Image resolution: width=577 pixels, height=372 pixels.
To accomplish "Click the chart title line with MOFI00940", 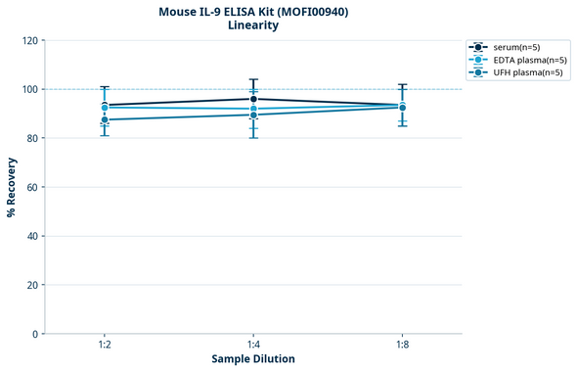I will click(x=253, y=12).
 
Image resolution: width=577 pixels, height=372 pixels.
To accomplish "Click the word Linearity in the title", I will click(x=253, y=25).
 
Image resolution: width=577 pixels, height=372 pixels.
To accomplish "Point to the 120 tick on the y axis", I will click(x=28, y=40).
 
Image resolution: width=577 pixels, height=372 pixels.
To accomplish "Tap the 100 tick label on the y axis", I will click(x=28, y=89).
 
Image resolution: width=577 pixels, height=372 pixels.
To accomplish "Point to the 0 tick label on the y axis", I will click(x=34, y=334).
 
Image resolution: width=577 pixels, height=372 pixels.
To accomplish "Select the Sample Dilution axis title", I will click(x=253, y=359).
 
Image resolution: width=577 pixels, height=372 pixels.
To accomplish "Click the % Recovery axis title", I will click(x=12, y=187).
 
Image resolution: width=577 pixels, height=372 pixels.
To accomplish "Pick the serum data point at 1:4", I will click(x=253, y=99).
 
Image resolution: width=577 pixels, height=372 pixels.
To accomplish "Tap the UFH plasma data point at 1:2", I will click(x=105, y=119).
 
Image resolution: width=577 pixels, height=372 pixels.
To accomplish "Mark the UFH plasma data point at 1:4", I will click(x=253, y=115).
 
